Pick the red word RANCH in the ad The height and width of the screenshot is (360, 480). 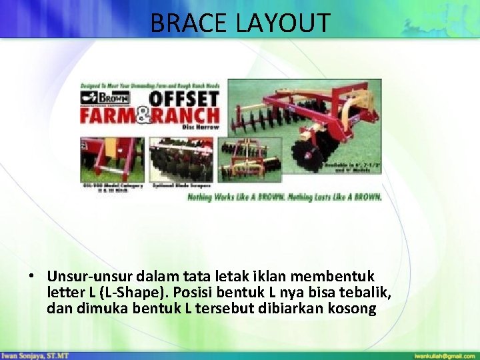190,116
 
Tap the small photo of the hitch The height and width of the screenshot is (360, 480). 111,159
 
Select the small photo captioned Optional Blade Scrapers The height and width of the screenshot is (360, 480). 181,159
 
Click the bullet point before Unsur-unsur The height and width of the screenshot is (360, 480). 31,276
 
